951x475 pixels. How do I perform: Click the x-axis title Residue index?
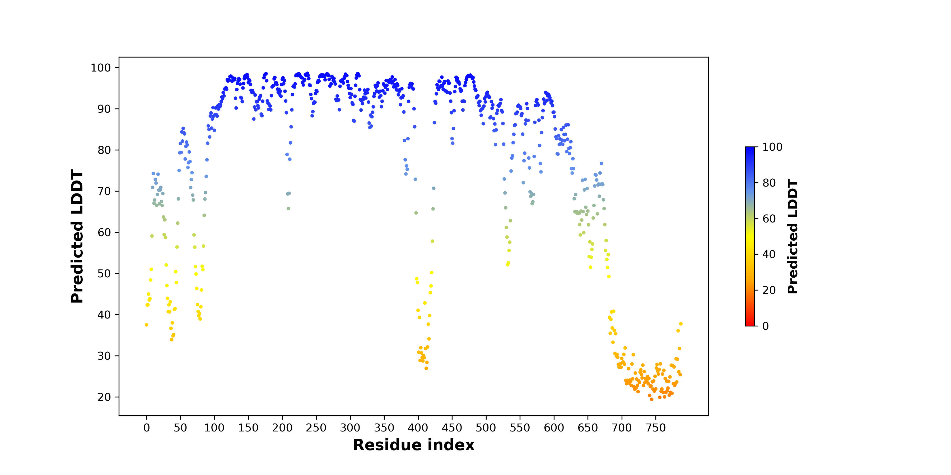[413, 445]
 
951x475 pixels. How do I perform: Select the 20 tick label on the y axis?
[104, 397]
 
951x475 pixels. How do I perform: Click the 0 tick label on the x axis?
[147, 428]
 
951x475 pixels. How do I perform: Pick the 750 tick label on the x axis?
[656, 428]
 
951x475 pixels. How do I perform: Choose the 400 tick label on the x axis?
[418, 428]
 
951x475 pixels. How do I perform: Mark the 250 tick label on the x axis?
[316, 428]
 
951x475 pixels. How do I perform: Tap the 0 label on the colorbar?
[766, 326]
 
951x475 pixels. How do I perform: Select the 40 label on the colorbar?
[769, 254]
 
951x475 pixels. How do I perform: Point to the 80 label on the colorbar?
[769, 183]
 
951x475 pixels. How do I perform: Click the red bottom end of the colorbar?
[750, 325]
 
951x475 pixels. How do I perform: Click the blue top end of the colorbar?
[750, 149]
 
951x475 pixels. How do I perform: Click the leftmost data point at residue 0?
[147, 325]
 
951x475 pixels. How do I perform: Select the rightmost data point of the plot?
[681, 324]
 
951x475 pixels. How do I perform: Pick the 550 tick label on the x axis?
[520, 428]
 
